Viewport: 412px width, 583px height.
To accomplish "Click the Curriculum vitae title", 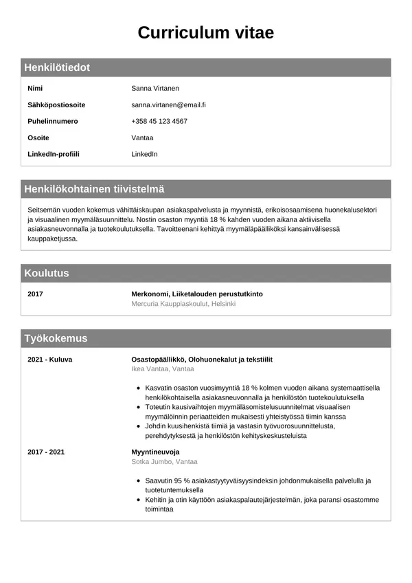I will click(205, 32).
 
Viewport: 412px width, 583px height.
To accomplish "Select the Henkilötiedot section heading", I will click(57, 67).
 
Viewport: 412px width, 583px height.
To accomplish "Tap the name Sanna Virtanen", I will click(155, 89).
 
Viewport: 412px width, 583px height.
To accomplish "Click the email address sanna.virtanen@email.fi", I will click(168, 105).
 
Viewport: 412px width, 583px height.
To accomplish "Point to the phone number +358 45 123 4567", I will click(159, 122).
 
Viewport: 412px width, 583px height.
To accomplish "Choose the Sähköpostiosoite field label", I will click(56, 105).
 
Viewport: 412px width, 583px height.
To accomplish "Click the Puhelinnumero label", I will click(53, 122).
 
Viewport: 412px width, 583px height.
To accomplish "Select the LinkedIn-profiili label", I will click(54, 154).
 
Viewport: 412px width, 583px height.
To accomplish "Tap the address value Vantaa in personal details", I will click(142, 138).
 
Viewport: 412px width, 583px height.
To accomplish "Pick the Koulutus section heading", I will click(47, 273).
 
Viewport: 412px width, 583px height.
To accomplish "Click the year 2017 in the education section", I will click(35, 294).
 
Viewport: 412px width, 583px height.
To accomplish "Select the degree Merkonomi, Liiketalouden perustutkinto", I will click(197, 294).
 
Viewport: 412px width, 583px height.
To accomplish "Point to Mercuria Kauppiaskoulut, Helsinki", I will click(183, 304).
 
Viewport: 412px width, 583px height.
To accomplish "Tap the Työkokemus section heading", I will click(56, 338).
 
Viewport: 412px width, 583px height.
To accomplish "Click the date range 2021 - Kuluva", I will click(49, 360).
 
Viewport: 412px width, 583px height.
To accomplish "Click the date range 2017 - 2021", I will click(46, 452).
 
